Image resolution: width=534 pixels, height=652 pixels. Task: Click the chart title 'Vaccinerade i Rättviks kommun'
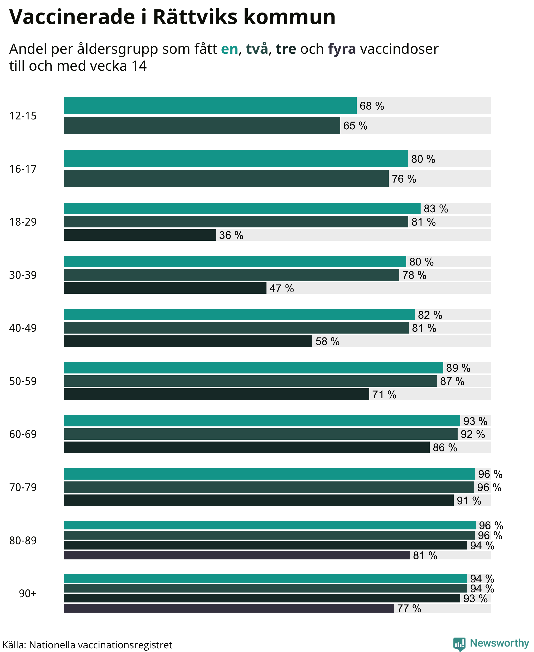pyautogui.click(x=172, y=17)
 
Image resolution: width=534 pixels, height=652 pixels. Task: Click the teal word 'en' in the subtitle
pyautogui.click(x=229, y=49)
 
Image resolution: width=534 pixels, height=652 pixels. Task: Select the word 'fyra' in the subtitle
pyautogui.click(x=342, y=49)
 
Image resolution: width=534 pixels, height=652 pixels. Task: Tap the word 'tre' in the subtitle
pyautogui.click(x=286, y=49)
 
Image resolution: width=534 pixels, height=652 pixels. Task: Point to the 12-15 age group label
pyautogui.click(x=23, y=116)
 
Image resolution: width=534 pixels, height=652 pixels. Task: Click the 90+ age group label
pyautogui.click(x=28, y=593)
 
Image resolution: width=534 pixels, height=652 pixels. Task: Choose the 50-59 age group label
pyautogui.click(x=23, y=381)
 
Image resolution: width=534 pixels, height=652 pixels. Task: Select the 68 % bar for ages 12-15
pyautogui.click(x=210, y=106)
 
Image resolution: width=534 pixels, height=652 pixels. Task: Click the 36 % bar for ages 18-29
pyautogui.click(x=140, y=235)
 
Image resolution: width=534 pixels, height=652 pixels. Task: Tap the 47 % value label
pyautogui.click(x=282, y=288)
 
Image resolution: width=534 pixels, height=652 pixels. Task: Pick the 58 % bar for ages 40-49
pyautogui.click(x=188, y=341)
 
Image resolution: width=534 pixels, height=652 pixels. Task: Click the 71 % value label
pyautogui.click(x=384, y=395)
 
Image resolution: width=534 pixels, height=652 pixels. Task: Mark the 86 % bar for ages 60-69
pyautogui.click(x=247, y=447)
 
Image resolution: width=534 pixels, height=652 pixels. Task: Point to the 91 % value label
pyautogui.click(x=469, y=501)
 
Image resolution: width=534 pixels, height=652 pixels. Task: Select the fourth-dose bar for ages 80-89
pyautogui.click(x=237, y=555)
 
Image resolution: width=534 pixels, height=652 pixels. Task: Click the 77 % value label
pyautogui.click(x=409, y=608)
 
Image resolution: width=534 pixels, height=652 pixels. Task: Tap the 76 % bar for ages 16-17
pyautogui.click(x=226, y=178)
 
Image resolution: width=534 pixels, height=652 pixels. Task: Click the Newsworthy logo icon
pyautogui.click(x=459, y=644)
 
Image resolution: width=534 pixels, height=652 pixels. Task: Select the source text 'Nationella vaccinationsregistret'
pyautogui.click(x=101, y=645)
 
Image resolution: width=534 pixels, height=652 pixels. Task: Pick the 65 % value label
pyautogui.click(x=355, y=125)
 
